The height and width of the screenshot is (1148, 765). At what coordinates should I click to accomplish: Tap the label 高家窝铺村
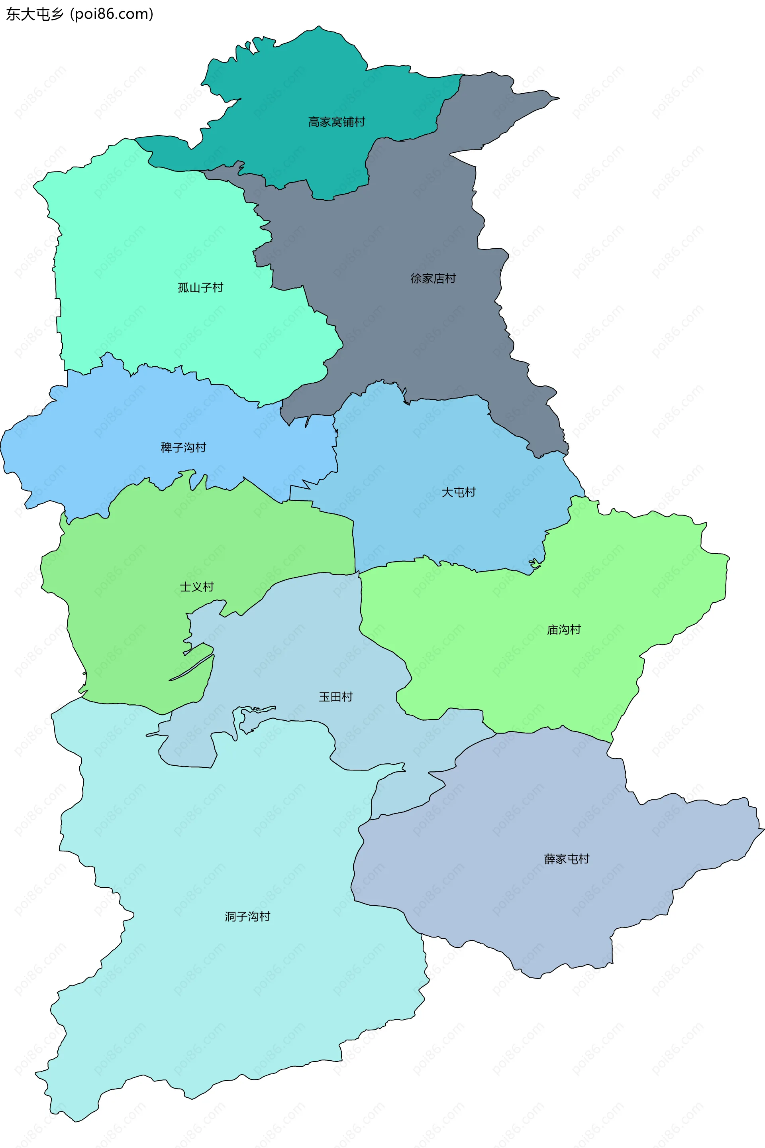336,122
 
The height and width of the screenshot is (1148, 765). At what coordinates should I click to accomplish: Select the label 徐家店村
433,279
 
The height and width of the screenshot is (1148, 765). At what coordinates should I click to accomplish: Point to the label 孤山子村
200,287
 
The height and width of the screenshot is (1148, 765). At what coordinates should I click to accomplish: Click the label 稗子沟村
183,448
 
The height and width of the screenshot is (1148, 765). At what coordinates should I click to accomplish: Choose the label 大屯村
458,492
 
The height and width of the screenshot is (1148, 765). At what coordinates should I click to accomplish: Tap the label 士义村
196,587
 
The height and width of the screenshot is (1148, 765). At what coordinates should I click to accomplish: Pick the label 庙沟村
563,630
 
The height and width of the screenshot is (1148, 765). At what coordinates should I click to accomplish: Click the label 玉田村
335,696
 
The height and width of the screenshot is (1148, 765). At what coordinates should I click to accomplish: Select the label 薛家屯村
567,859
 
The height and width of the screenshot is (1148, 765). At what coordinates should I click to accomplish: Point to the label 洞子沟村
247,916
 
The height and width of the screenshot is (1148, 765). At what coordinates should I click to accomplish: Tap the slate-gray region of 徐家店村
415,220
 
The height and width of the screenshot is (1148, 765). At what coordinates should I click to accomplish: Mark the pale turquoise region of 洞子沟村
220,1001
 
